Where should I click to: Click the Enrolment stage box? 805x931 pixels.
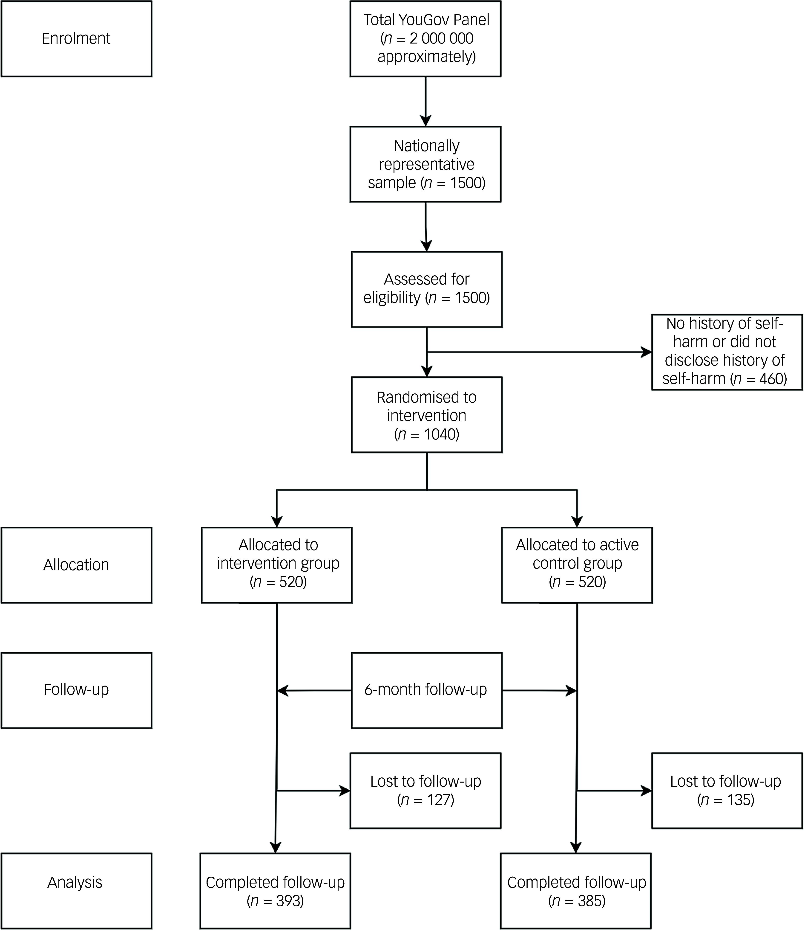(76, 39)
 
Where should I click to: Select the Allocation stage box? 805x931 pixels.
(76, 565)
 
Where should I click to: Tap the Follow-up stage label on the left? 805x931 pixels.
(76, 690)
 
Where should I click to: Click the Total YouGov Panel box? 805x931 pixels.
(425, 39)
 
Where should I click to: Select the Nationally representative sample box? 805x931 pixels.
(425, 164)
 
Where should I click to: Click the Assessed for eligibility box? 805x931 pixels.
(427, 289)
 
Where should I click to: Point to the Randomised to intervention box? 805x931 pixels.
(427, 414)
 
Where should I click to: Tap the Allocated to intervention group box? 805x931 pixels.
(277, 565)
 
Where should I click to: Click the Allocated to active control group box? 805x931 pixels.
(577, 565)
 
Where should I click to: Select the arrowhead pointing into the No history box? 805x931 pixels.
(646, 352)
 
